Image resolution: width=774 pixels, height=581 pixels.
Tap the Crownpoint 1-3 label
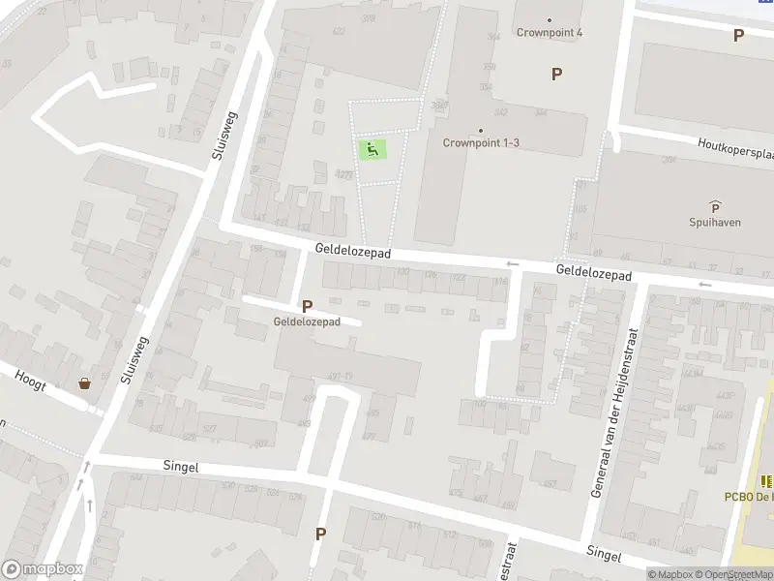481,143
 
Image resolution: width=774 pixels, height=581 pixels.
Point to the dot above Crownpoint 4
550,19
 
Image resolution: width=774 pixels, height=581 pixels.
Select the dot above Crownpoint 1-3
481,130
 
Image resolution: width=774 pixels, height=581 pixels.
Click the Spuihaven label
715,222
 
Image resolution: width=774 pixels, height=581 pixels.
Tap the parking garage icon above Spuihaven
715,206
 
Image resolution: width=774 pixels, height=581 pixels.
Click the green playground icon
372,149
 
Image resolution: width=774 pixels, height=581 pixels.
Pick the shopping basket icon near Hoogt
85,383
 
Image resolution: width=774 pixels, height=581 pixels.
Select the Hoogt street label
30,377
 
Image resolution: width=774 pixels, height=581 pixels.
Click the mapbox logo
41,569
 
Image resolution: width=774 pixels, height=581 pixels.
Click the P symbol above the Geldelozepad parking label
307,306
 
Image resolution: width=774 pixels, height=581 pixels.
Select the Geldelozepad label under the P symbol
306,322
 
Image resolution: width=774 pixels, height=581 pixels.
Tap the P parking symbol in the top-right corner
738,36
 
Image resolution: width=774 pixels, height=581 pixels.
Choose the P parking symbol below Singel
320,534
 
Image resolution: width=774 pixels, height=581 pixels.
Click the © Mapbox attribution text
669,574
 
